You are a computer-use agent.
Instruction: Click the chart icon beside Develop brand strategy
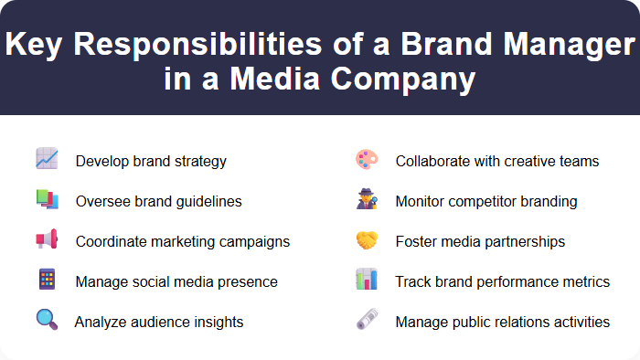[x=47, y=159]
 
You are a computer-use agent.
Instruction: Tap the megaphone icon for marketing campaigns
[x=47, y=239]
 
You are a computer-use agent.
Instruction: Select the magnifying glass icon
[x=47, y=320]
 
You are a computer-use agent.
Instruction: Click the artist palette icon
[x=366, y=159]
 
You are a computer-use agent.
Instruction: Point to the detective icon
[x=366, y=199]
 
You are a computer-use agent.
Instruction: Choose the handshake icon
[x=366, y=239]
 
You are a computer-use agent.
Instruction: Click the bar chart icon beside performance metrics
[x=366, y=280]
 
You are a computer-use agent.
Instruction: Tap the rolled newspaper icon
[x=366, y=320]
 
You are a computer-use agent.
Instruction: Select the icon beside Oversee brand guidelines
[x=47, y=199]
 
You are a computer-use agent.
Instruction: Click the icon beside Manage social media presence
[x=47, y=280]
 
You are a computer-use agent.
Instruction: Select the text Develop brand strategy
[x=151, y=161]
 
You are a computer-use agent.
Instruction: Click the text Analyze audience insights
[x=159, y=322]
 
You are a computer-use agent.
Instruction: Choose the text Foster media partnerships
[x=480, y=241]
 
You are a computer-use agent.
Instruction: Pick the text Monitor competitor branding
[x=486, y=201]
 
